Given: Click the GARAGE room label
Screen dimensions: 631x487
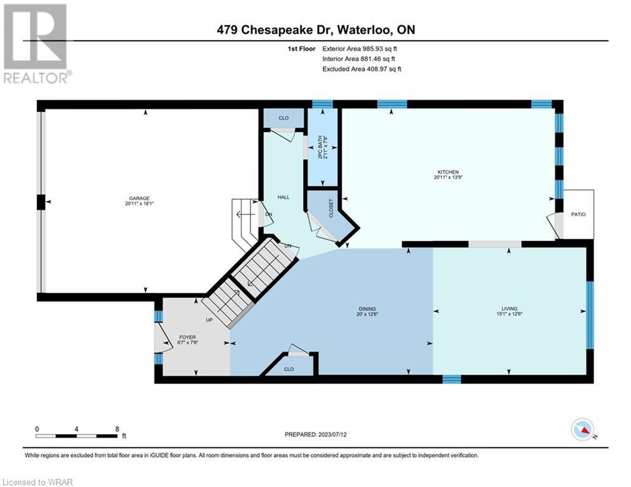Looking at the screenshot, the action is coord(140,198).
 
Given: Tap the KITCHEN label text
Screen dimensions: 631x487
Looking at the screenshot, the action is coord(448,172).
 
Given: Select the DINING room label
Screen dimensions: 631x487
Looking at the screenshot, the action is coord(367,309).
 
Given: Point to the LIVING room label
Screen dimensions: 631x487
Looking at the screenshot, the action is coord(509,309).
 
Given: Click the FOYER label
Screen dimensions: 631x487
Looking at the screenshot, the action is coord(188,337).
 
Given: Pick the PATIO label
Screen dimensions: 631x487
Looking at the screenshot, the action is coord(578,214).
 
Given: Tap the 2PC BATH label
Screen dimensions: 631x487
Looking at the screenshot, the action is coord(320,147).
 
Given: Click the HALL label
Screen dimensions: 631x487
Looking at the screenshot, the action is coord(283,197).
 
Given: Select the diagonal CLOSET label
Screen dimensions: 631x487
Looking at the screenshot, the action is coord(331,208).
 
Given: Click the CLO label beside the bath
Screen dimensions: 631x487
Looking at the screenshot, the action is coord(283,118).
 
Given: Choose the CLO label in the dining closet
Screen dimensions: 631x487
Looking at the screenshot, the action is coord(289,369).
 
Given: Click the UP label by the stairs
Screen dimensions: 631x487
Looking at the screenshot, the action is coord(209,320).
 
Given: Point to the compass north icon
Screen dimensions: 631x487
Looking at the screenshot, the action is coord(583,430).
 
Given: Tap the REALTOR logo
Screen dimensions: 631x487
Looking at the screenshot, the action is coord(36,44).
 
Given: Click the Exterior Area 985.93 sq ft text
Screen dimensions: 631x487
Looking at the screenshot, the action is coord(360,49).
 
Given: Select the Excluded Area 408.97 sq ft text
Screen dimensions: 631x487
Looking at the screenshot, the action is coord(361,69).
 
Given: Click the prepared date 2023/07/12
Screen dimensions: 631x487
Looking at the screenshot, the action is coord(332,434).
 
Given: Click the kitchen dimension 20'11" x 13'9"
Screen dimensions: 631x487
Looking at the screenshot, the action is coord(448,177).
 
